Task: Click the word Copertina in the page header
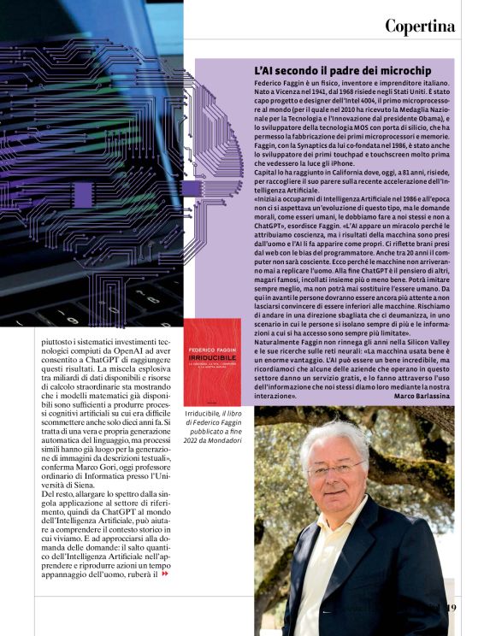[419, 26]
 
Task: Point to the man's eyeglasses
[337, 468]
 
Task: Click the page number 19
[452, 608]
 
